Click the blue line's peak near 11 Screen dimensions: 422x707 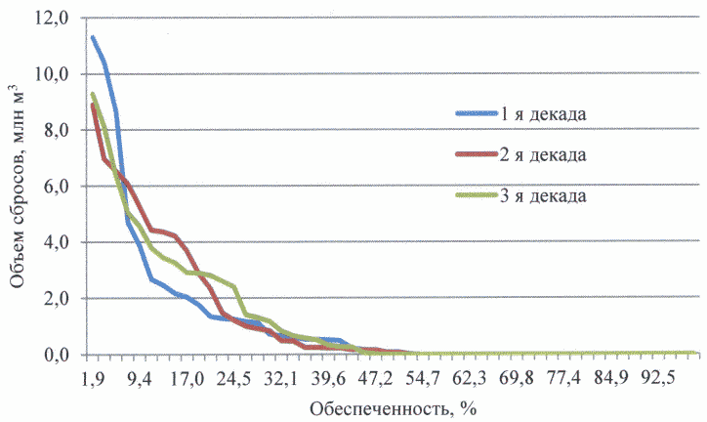[91, 37]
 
